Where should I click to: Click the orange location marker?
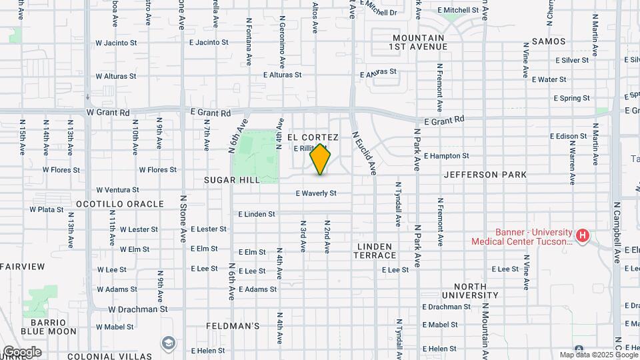pos(321,159)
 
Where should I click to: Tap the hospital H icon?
pos(583,235)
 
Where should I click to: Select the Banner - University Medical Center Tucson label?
pos(522,237)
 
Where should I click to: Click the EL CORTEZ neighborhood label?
pos(313,137)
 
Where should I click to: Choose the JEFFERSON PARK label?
pos(485,175)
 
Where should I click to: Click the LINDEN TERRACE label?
pos(376,251)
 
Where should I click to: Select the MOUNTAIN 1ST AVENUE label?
pos(419,42)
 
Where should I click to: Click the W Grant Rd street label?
pos(107,113)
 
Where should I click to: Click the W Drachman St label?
pos(137,309)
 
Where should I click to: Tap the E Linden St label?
pos(257,215)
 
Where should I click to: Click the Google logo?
pos(21,351)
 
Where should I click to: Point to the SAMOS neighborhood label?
pos(549,41)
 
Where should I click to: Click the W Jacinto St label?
pos(116,43)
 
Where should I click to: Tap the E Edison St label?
pos(568,136)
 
